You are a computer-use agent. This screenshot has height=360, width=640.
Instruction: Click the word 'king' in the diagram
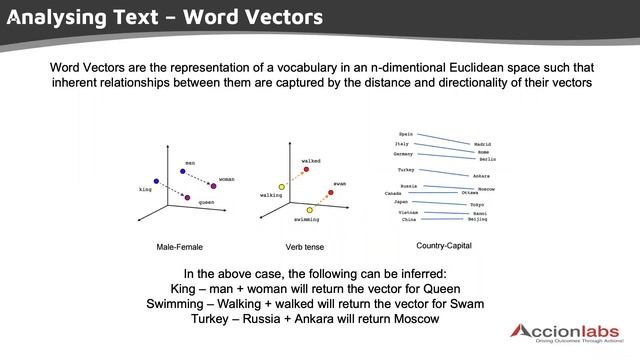(x=145, y=189)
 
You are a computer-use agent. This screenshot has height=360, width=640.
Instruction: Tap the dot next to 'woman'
(x=213, y=186)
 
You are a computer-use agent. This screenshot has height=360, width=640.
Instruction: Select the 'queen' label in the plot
(x=206, y=202)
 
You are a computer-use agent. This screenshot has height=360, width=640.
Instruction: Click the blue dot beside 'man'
(x=183, y=171)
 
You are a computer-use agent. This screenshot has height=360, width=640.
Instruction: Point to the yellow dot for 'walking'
(x=282, y=186)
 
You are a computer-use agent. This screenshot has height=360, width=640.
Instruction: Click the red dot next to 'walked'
(x=306, y=170)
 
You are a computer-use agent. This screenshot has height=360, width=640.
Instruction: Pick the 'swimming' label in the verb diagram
(x=307, y=219)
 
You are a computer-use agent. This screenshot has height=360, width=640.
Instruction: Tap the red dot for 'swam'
(x=330, y=192)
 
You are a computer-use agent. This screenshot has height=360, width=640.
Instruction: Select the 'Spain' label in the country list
(x=405, y=133)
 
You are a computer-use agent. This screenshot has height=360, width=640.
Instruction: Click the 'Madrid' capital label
(x=482, y=144)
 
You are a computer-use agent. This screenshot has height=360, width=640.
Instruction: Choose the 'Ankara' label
(x=481, y=176)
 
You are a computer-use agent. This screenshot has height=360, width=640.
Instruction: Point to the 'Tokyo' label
(x=477, y=204)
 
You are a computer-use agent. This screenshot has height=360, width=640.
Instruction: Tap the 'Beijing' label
(x=478, y=219)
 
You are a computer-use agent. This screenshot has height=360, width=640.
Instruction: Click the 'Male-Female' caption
(x=180, y=246)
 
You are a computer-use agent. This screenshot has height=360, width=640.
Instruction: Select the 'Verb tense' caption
(x=305, y=246)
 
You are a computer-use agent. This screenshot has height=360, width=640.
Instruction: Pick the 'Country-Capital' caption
(x=444, y=245)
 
